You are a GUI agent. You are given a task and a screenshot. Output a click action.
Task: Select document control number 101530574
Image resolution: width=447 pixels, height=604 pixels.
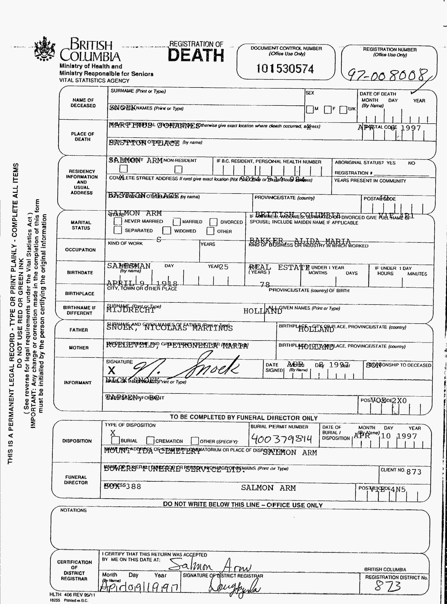(x=285, y=69)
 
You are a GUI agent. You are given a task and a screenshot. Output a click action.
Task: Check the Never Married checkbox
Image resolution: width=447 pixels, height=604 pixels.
(x=118, y=221)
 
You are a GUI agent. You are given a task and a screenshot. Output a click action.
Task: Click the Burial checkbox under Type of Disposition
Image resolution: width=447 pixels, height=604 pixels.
(x=116, y=440)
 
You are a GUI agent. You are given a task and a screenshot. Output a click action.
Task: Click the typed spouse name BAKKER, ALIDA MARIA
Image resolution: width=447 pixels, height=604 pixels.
(x=300, y=241)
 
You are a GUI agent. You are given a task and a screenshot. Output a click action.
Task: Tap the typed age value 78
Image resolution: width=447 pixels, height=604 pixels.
(x=265, y=284)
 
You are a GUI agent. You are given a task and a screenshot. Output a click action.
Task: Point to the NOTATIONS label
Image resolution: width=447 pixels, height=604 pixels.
(x=73, y=510)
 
